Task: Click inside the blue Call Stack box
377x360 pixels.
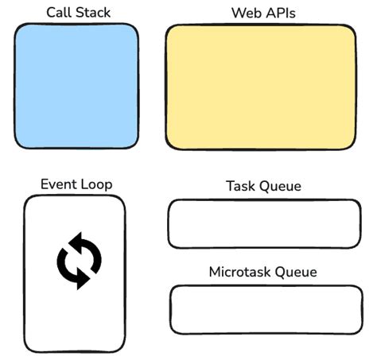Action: click(x=76, y=86)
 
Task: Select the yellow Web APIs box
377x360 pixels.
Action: click(x=260, y=86)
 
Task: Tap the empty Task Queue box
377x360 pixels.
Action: click(x=264, y=223)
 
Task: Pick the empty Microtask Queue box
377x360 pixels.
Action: click(x=265, y=309)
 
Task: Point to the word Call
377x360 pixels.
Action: click(x=60, y=12)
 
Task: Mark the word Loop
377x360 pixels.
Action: click(x=95, y=185)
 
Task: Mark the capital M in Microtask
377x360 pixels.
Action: click(x=214, y=272)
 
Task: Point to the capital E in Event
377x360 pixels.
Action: click(x=45, y=184)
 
